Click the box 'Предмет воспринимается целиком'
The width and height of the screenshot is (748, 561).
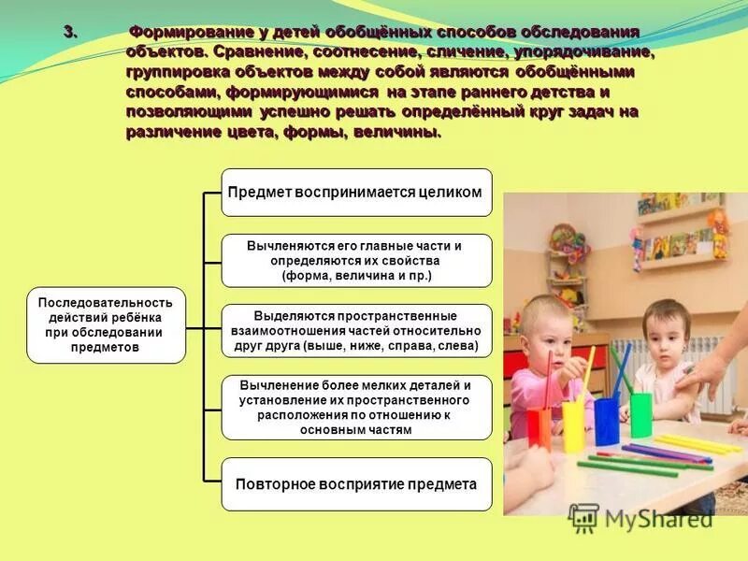click(356, 193)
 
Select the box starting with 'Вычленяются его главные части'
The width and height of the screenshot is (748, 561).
click(356, 260)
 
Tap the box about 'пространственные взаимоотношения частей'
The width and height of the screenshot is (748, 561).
click(356, 330)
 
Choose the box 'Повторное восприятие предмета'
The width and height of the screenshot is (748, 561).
click(356, 484)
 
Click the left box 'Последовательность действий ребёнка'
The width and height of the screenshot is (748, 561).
click(106, 324)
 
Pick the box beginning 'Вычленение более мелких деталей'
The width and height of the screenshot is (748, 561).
click(356, 407)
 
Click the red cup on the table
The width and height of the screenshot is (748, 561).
click(539, 427)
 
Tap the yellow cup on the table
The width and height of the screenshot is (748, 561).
click(573, 425)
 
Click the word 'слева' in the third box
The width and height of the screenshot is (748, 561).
click(455, 346)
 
